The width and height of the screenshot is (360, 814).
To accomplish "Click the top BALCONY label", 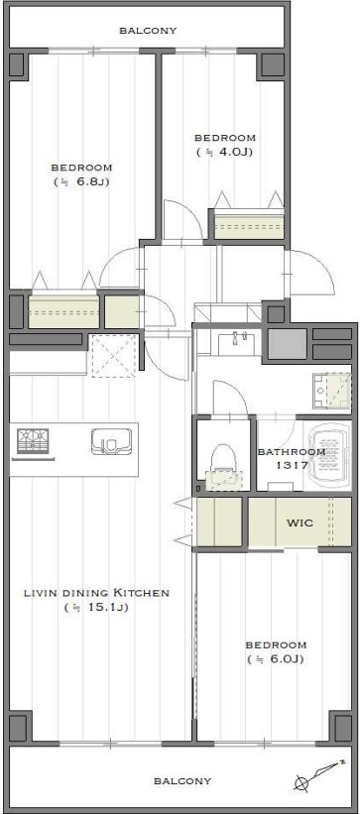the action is click(148, 31).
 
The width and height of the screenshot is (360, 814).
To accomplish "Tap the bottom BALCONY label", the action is click(182, 780).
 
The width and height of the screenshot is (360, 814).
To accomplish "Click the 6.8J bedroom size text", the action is click(81, 181).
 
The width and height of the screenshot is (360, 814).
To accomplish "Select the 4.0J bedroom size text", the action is click(224, 152).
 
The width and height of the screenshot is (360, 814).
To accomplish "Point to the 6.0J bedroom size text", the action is click(276, 659).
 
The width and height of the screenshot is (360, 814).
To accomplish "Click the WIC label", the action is click(300, 523).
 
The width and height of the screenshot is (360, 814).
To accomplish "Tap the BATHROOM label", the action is click(292, 452).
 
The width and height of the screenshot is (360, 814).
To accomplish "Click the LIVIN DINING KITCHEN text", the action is click(97, 592).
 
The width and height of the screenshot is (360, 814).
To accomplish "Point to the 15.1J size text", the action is click(96, 607).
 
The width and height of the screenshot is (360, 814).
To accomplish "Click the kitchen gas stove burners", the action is click(34, 442).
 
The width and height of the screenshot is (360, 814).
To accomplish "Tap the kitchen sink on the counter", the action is click(111, 441).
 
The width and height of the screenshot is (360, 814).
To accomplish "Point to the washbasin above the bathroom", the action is click(237, 344).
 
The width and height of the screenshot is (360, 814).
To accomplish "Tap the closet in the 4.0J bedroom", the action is click(250, 225).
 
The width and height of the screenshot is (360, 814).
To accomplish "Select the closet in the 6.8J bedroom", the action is click(63, 311).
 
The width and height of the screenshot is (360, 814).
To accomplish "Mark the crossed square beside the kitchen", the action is click(113, 355).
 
